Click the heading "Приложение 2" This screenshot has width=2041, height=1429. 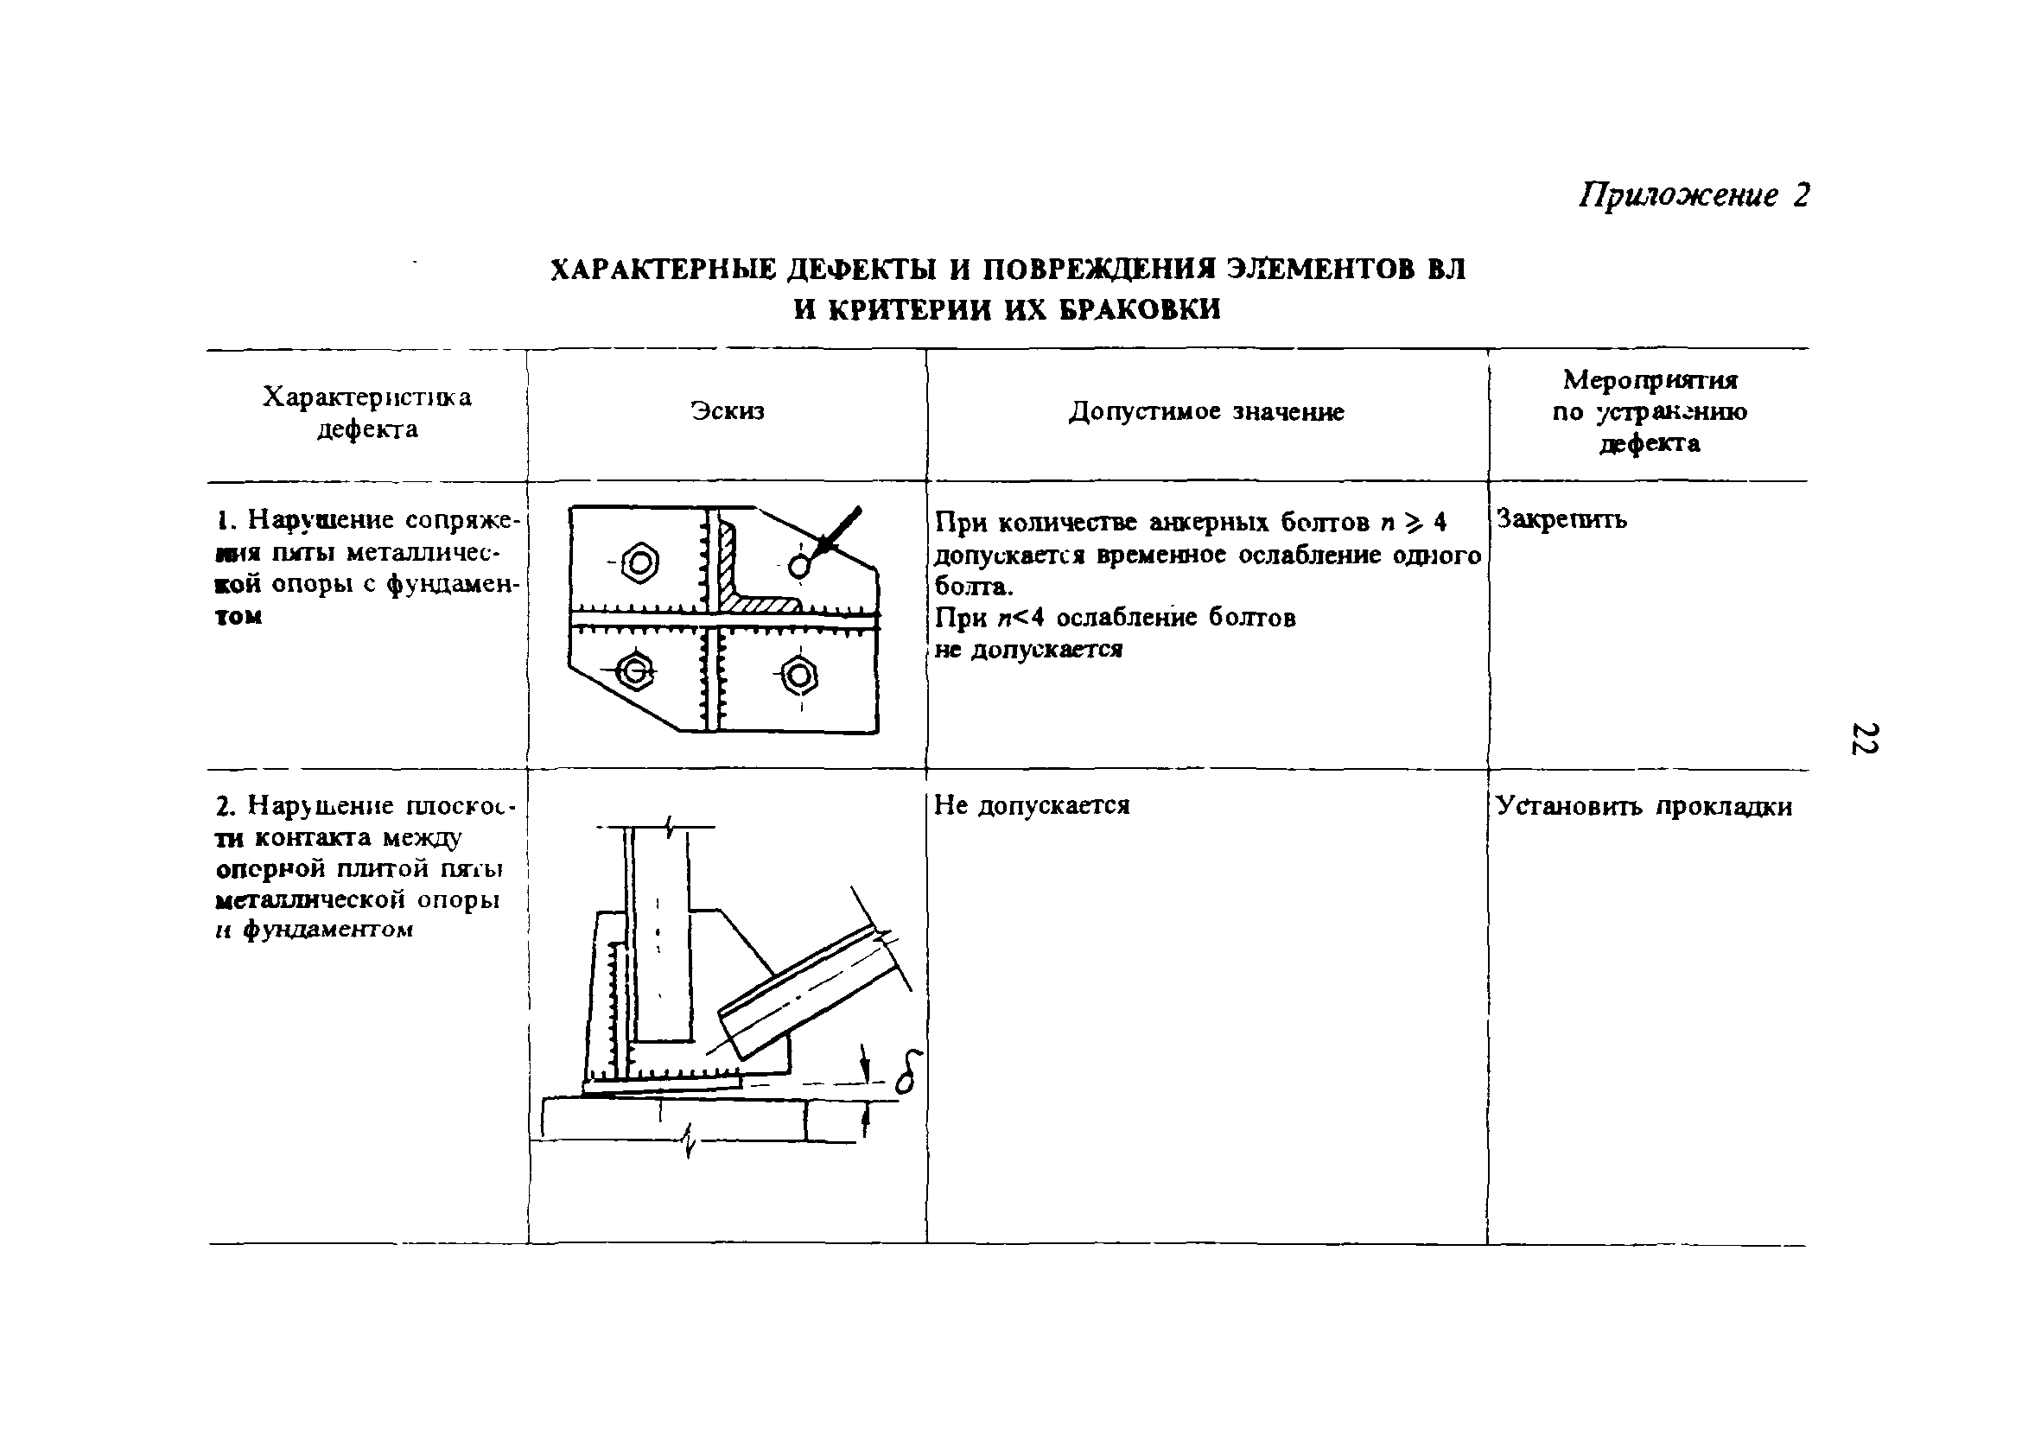[x=1694, y=194]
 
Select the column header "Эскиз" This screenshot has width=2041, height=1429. [x=728, y=410]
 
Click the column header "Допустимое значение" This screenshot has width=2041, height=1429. [x=1206, y=411]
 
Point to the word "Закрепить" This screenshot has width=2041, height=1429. [x=1562, y=518]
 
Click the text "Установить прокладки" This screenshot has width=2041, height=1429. [x=1644, y=806]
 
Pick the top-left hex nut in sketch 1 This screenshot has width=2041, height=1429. [x=640, y=563]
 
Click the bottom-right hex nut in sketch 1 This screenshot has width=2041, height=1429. [x=800, y=676]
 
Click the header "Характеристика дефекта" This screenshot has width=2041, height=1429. [x=367, y=412]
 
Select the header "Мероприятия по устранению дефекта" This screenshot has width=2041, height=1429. [x=1649, y=411]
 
